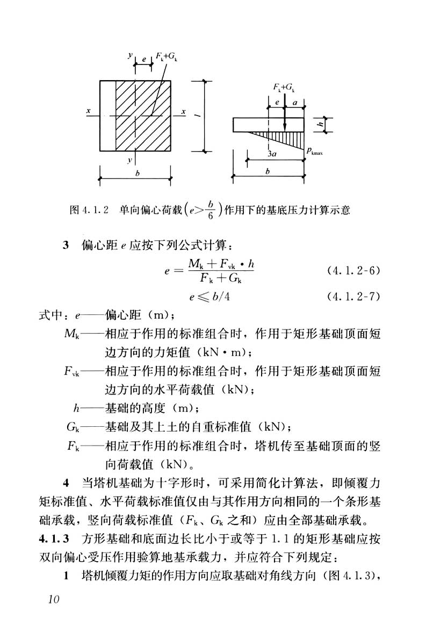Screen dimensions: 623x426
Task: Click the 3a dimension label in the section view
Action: (272, 154)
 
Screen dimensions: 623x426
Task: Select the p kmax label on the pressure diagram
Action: (315, 152)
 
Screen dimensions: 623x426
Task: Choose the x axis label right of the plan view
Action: (183, 111)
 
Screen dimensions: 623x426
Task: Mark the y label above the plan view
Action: (130, 55)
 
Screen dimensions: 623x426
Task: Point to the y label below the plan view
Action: (130, 160)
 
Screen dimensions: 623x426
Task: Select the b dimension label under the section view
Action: (268, 171)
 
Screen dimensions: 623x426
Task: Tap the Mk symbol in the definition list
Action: (71, 335)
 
